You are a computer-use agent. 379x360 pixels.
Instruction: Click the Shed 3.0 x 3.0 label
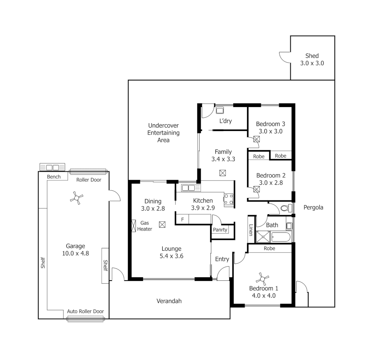[x=312, y=59]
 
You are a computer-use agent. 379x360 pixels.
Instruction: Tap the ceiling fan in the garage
[x=76, y=198]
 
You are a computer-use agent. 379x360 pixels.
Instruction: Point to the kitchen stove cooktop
[x=229, y=199]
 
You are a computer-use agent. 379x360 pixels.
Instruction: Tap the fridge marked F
[x=182, y=219]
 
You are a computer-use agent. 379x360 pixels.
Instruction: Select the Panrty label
[x=220, y=230]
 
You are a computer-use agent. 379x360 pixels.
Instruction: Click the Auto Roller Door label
[x=85, y=311]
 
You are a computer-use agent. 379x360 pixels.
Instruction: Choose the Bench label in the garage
[x=54, y=176]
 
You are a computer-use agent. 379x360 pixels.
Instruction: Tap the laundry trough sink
[x=220, y=110]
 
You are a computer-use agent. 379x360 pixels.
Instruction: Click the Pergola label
[x=313, y=207]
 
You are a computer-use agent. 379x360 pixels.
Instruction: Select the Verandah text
[x=169, y=301]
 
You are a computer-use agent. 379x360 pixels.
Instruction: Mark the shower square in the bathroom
[x=263, y=237]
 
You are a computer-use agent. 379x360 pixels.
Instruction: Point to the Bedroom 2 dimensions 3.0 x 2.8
[x=271, y=183]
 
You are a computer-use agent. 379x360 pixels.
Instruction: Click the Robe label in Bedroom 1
[x=269, y=248]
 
